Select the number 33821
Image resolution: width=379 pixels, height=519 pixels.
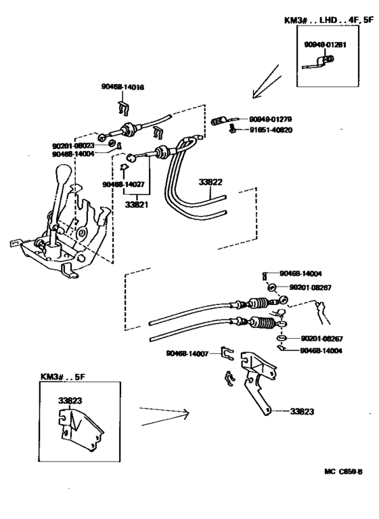click(x=138, y=202)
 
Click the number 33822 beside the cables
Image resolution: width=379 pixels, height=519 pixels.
click(x=210, y=182)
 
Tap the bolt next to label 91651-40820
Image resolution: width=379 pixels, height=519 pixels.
click(x=232, y=128)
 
